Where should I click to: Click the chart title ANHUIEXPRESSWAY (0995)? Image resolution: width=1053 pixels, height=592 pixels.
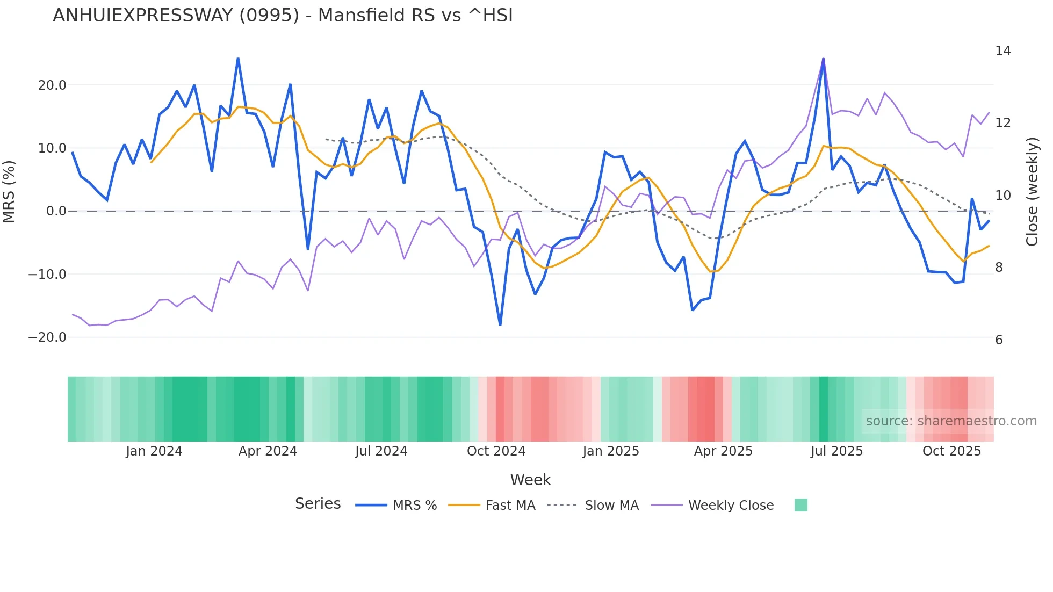(283, 16)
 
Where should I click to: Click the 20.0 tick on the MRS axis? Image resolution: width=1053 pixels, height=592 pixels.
(52, 85)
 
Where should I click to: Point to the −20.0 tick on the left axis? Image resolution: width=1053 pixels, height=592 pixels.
(47, 337)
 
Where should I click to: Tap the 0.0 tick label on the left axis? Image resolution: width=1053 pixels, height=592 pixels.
(56, 211)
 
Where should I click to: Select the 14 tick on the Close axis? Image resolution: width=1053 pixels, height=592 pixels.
(1002, 51)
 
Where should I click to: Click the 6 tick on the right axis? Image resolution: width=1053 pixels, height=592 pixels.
(999, 340)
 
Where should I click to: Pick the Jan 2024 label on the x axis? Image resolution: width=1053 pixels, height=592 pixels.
(154, 451)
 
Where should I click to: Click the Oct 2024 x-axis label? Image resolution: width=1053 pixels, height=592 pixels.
(496, 451)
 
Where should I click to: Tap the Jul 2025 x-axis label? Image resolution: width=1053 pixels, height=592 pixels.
(836, 451)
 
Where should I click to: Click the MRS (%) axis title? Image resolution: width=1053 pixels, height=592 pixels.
(9, 191)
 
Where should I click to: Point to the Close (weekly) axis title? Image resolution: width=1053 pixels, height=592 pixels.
(1032, 192)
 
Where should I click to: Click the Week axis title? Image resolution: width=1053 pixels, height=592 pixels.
(530, 480)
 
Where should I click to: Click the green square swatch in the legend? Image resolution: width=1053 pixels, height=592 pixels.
(800, 505)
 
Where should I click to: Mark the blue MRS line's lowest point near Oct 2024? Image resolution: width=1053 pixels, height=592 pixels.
(500, 324)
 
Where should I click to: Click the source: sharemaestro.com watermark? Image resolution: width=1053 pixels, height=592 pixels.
(951, 421)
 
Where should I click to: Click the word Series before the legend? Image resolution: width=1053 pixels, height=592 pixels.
(318, 504)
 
